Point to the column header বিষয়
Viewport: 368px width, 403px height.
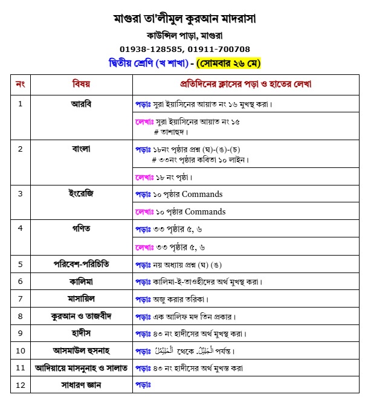coord(81,84)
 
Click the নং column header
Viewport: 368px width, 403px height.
coord(20,84)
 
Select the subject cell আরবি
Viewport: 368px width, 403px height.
coord(81,103)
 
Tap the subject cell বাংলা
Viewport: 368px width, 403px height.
coord(81,149)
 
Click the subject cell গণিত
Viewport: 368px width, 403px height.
coord(81,228)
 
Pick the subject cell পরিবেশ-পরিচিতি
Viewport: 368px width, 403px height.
coord(81,264)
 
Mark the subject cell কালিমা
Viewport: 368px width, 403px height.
coord(81,281)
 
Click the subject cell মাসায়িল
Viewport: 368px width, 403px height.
coord(81,298)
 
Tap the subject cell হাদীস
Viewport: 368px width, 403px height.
coord(81,333)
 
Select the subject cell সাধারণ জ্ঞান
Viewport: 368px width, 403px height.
coord(81,384)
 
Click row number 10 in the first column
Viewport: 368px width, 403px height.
coord(20,350)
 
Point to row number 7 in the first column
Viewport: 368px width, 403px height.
coord(20,298)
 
